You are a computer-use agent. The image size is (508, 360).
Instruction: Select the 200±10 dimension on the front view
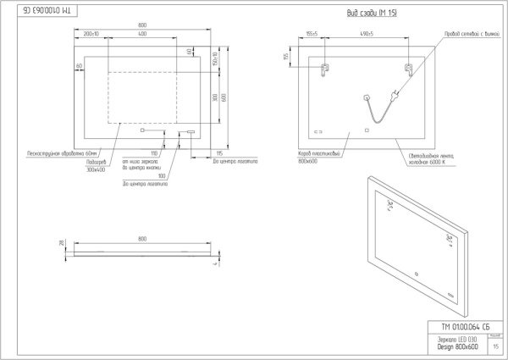[x=91, y=35]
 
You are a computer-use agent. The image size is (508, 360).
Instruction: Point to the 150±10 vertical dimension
[x=216, y=60]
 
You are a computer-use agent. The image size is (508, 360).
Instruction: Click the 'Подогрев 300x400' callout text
[x=97, y=166]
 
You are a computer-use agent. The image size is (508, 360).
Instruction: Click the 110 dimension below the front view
[x=155, y=154]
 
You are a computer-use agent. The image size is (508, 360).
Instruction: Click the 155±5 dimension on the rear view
[x=312, y=35]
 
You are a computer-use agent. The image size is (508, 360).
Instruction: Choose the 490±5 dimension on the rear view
[x=367, y=35]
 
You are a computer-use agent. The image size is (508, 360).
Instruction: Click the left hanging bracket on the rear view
[x=326, y=69]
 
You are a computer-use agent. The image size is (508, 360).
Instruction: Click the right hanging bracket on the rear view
[x=408, y=68]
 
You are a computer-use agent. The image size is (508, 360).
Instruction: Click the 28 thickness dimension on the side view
[x=61, y=243]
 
